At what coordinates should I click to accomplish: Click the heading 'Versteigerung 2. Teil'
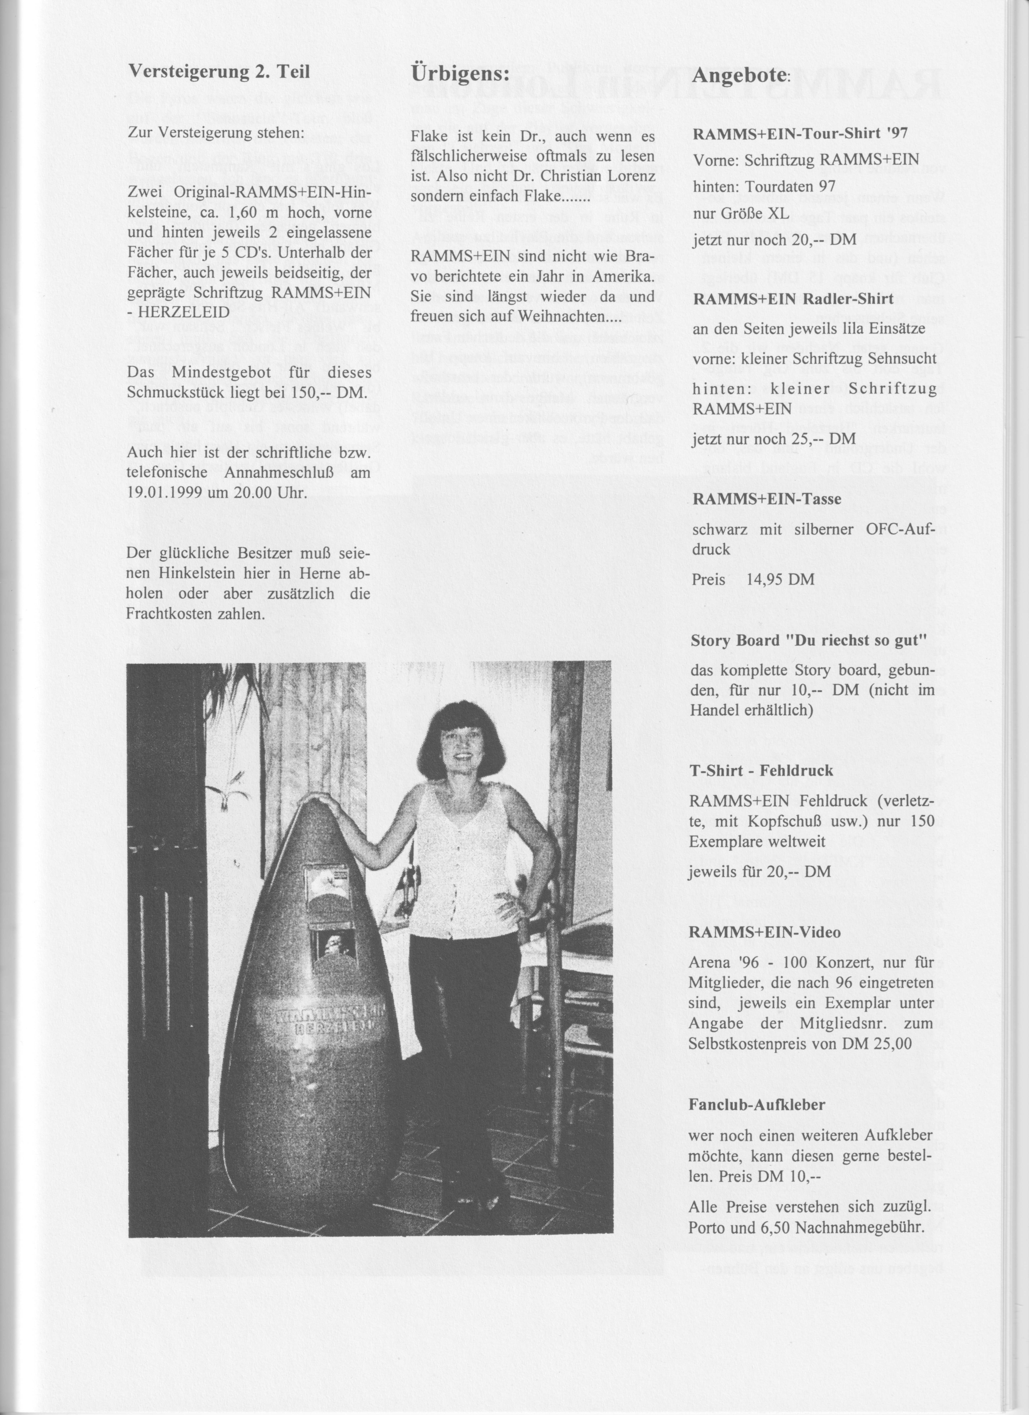[x=218, y=72]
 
